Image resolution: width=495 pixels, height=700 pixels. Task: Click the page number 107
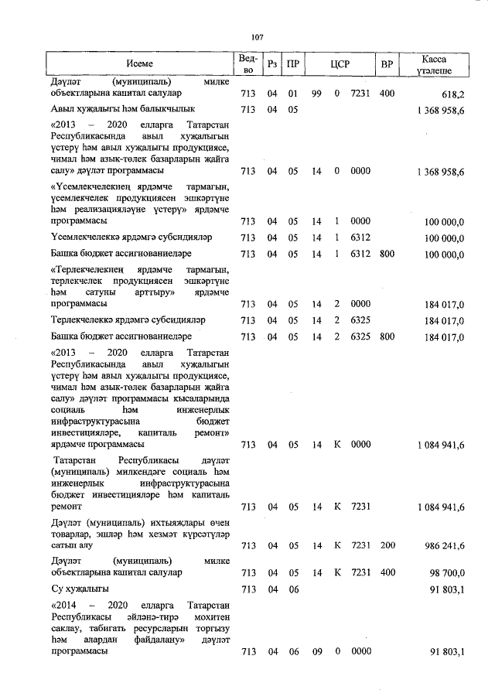[x=258, y=36]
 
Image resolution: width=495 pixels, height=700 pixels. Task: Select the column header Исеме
[x=140, y=64]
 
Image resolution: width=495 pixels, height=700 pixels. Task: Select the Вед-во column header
[x=247, y=65]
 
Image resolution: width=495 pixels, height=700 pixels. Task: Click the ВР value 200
[x=387, y=545]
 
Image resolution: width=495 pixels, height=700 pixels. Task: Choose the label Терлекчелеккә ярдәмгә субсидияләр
[x=128, y=319]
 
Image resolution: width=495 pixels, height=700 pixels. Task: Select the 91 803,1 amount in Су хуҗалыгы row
[x=447, y=589]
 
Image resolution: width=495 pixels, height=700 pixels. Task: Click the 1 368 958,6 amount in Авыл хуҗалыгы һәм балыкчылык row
[x=439, y=110]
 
